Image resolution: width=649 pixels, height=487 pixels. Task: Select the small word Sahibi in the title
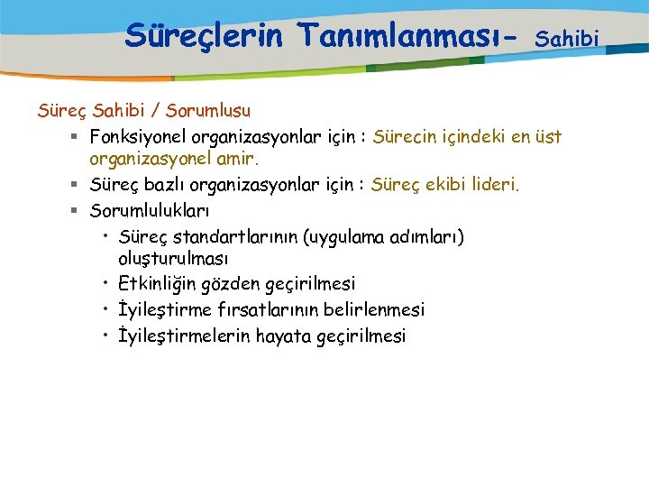(567, 39)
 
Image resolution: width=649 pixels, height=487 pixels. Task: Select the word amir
(237, 160)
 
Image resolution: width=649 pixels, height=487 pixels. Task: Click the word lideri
(493, 185)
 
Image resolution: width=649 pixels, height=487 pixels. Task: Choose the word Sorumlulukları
(150, 211)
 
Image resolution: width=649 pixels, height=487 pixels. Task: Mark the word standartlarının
(235, 237)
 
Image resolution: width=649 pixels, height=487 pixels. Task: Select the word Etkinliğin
(156, 284)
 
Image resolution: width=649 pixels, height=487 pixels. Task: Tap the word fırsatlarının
(274, 309)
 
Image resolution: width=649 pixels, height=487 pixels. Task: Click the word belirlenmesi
(379, 309)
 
